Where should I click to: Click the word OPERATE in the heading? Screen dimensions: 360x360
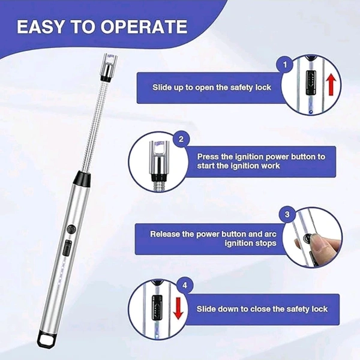(144, 27)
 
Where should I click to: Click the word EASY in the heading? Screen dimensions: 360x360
(40, 27)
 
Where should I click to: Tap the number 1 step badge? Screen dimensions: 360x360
(285, 65)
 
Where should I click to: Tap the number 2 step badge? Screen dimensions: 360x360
(181, 139)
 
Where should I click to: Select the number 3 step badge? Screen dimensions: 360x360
(287, 214)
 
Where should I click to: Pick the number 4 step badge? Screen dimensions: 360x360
(185, 286)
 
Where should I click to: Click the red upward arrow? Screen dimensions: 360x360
(331, 85)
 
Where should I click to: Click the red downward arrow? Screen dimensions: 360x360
(178, 308)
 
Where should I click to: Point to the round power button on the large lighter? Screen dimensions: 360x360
(71, 229)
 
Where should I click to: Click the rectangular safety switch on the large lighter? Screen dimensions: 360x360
(67, 248)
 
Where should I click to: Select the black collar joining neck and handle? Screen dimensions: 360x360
(82, 178)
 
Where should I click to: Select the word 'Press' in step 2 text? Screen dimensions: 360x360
(208, 157)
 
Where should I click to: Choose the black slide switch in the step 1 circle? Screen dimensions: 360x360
(311, 82)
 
